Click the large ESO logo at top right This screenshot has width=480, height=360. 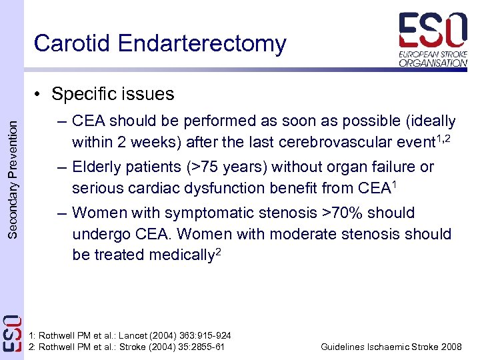pyautogui.click(x=433, y=31)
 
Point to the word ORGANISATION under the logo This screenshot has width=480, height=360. pyautogui.click(x=433, y=63)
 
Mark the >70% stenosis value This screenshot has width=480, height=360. pyautogui.click(x=346, y=213)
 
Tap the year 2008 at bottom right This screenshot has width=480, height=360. pyautogui.click(x=451, y=347)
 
